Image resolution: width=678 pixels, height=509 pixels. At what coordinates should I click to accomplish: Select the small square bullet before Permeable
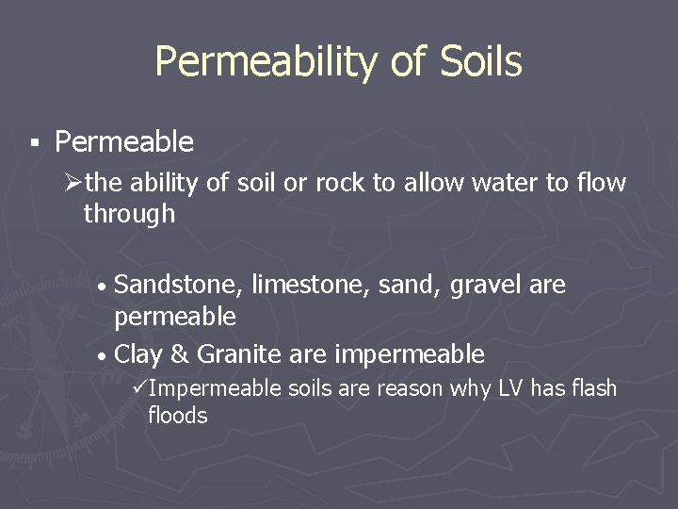pos(34,144)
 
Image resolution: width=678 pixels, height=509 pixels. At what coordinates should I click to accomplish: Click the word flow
pos(601,183)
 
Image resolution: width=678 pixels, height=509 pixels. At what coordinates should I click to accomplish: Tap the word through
pos(129,214)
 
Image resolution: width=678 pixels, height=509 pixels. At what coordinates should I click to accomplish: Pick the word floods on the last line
pos(177,416)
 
